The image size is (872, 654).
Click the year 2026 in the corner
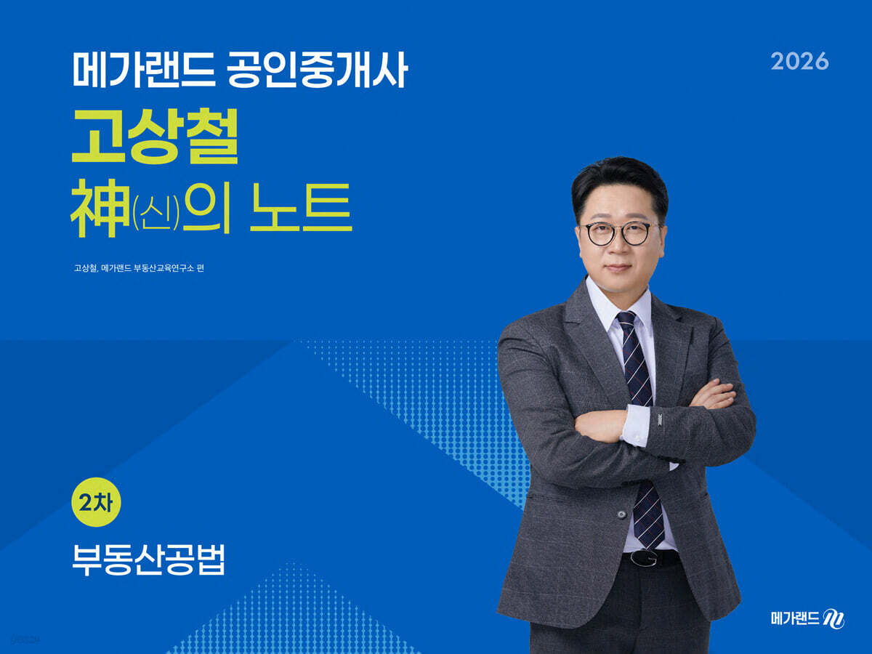[799, 62]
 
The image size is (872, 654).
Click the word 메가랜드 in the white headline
[144, 70]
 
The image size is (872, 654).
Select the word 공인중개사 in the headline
[318, 70]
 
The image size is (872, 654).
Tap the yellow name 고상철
[155, 136]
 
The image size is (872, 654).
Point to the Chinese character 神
[101, 207]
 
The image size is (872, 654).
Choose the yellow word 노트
[301, 207]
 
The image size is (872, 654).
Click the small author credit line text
[139, 268]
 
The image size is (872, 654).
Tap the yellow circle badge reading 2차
[96, 502]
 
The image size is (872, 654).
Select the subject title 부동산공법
[148, 560]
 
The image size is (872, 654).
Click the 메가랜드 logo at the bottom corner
[807, 618]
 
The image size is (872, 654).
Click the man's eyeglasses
[619, 233]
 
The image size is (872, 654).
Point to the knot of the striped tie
[626, 320]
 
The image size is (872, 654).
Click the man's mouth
[618, 267]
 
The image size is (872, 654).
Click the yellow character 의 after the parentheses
[206, 207]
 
